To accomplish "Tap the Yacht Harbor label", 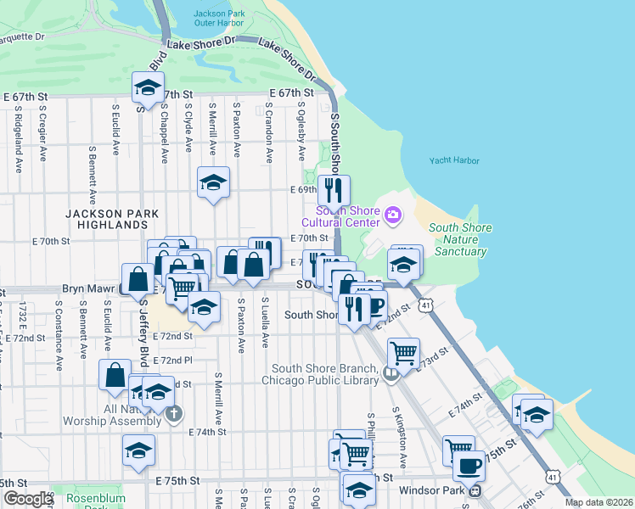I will (x=454, y=160).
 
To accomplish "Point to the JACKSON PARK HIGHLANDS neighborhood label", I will (x=107, y=219).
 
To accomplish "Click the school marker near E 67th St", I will (x=148, y=87).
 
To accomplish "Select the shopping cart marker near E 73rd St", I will (x=404, y=352).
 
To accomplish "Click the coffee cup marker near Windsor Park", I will (x=468, y=465).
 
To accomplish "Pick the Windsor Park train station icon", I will (x=475, y=489).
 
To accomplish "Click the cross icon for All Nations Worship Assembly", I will (x=173, y=414).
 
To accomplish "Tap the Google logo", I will (x=27, y=499).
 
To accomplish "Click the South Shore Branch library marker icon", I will (x=391, y=373).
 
